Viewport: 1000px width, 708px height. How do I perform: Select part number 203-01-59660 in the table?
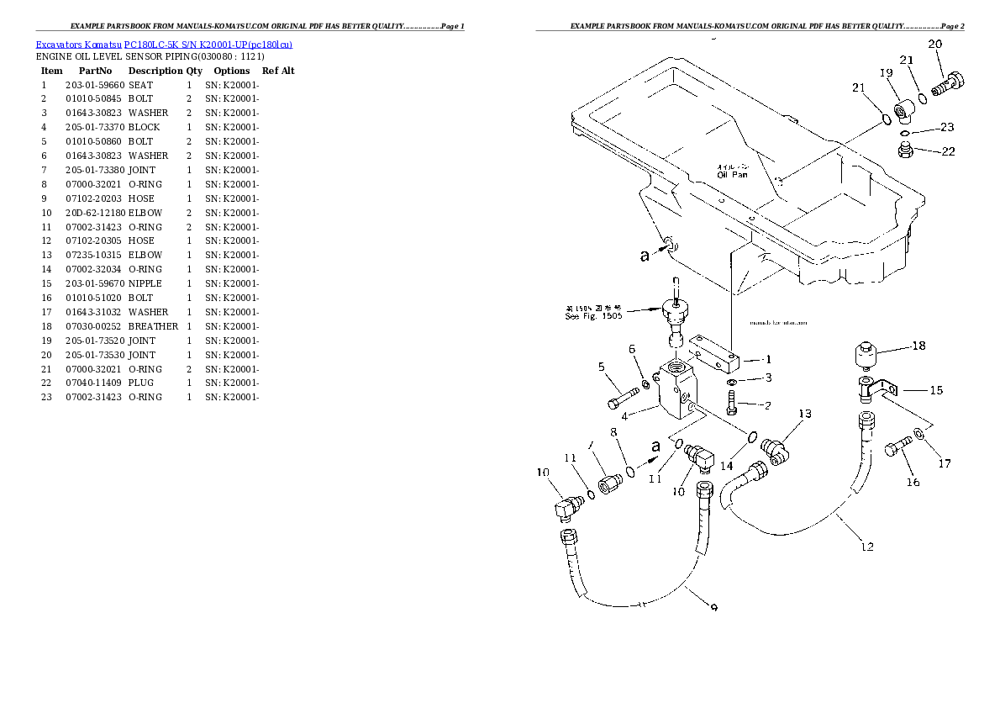pos(94,85)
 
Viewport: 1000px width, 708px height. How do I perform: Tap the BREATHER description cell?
pos(153,326)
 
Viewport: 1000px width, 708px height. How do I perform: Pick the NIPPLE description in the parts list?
pos(145,283)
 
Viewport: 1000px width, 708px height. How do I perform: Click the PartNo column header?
pos(95,71)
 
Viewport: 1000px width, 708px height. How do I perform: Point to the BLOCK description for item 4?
pos(144,127)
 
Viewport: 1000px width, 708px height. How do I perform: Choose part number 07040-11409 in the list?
pos(94,383)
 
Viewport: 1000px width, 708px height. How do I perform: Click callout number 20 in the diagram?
pos(934,44)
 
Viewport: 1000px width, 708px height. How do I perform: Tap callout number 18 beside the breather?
pos(918,346)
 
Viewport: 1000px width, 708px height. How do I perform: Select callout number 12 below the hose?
pos(867,547)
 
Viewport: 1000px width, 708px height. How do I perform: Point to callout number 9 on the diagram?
pos(713,608)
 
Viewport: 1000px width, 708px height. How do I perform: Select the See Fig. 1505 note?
pos(593,312)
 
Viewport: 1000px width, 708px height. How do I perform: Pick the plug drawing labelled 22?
pos(906,151)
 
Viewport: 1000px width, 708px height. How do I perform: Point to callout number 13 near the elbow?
pos(805,414)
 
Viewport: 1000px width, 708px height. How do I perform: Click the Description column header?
pos(155,71)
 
